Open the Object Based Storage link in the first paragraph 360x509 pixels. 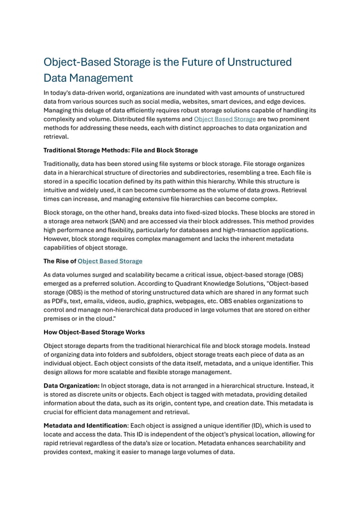click(x=225, y=119)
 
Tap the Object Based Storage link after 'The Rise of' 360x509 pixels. click(x=109, y=261)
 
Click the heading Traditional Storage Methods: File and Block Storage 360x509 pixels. click(x=120, y=150)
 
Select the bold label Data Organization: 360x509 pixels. click(x=71, y=385)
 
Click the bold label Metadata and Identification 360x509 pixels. click(x=85, y=425)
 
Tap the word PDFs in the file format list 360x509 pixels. click(x=55, y=301)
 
